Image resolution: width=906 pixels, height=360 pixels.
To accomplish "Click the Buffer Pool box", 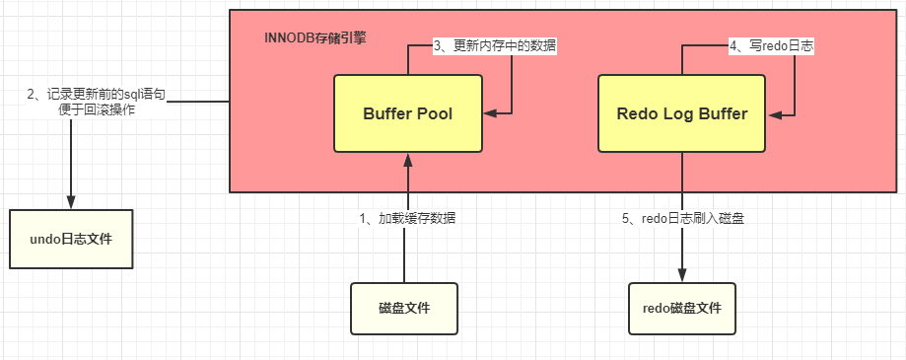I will [x=407, y=114].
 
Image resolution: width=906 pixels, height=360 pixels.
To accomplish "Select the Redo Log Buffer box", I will [x=681, y=114].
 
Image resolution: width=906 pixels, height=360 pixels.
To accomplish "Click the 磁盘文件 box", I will [x=404, y=309].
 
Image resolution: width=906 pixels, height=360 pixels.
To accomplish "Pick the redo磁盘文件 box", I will [x=681, y=309].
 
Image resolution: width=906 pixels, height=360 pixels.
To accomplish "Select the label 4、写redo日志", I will [x=771, y=46].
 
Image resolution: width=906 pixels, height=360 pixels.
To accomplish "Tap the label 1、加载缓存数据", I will [x=407, y=218].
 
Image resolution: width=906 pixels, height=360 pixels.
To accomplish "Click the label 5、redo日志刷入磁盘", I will [x=682, y=218].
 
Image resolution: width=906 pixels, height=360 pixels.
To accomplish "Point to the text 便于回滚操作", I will [x=98, y=109].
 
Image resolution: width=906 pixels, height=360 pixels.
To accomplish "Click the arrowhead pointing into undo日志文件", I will [x=71, y=201].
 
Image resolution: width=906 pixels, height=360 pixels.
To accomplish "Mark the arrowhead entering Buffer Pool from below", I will [x=406, y=160].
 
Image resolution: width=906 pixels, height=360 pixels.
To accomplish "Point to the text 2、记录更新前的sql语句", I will [x=98, y=94].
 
